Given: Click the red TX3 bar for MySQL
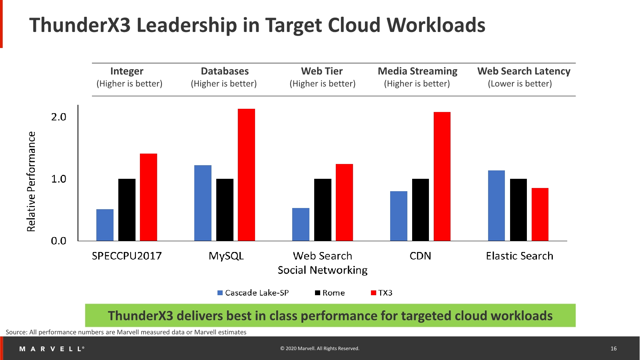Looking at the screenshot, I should [x=246, y=175].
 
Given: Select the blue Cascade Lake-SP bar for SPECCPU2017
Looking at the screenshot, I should [x=105, y=225].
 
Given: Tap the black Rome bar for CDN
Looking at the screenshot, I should [x=421, y=210].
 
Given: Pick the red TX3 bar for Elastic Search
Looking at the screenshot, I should [x=540, y=214].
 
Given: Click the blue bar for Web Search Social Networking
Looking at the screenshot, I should [x=301, y=224].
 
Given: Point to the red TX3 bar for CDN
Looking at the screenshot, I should [x=442, y=176].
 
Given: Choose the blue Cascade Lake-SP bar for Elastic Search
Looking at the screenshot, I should [x=496, y=206].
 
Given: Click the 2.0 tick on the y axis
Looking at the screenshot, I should [x=58, y=117].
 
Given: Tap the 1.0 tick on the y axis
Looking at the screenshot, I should [x=58, y=179].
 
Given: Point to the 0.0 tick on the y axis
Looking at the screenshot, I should [x=58, y=241].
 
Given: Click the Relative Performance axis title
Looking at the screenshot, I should [x=31, y=182].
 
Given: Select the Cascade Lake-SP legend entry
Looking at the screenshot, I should [x=253, y=293].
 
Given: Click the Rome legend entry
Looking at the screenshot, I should [x=330, y=293].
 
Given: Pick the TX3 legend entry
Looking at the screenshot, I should [x=382, y=293].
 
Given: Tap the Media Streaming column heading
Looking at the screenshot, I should [x=417, y=71].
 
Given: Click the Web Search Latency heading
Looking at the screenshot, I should [x=524, y=71].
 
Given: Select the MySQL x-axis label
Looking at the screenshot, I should [x=226, y=256].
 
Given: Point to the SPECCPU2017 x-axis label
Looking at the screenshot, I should [x=127, y=256].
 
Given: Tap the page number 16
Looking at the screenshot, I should [x=614, y=349].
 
